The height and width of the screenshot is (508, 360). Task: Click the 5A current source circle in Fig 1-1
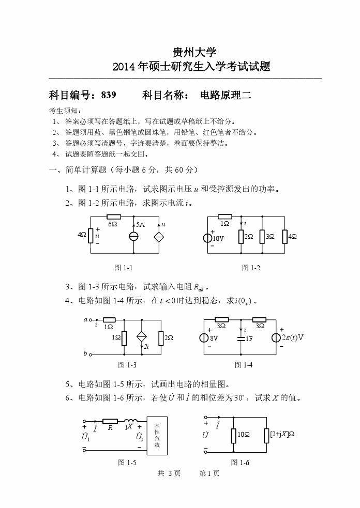(134, 236)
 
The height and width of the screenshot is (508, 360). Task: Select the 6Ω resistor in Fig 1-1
(113, 217)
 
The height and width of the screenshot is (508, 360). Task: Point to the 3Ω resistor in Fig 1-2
(263, 236)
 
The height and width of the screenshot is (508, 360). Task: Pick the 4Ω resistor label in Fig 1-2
(293, 236)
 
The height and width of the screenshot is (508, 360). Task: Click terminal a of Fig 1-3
(91, 320)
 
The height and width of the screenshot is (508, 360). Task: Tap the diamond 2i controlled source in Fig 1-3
(142, 337)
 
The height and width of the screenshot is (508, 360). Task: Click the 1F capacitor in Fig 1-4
(241, 338)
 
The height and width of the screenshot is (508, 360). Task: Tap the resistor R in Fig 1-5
(110, 421)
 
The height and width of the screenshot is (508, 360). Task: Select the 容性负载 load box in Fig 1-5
(157, 436)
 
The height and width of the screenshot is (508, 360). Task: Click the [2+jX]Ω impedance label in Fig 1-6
(282, 435)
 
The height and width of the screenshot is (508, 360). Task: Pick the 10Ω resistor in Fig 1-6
(233, 435)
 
